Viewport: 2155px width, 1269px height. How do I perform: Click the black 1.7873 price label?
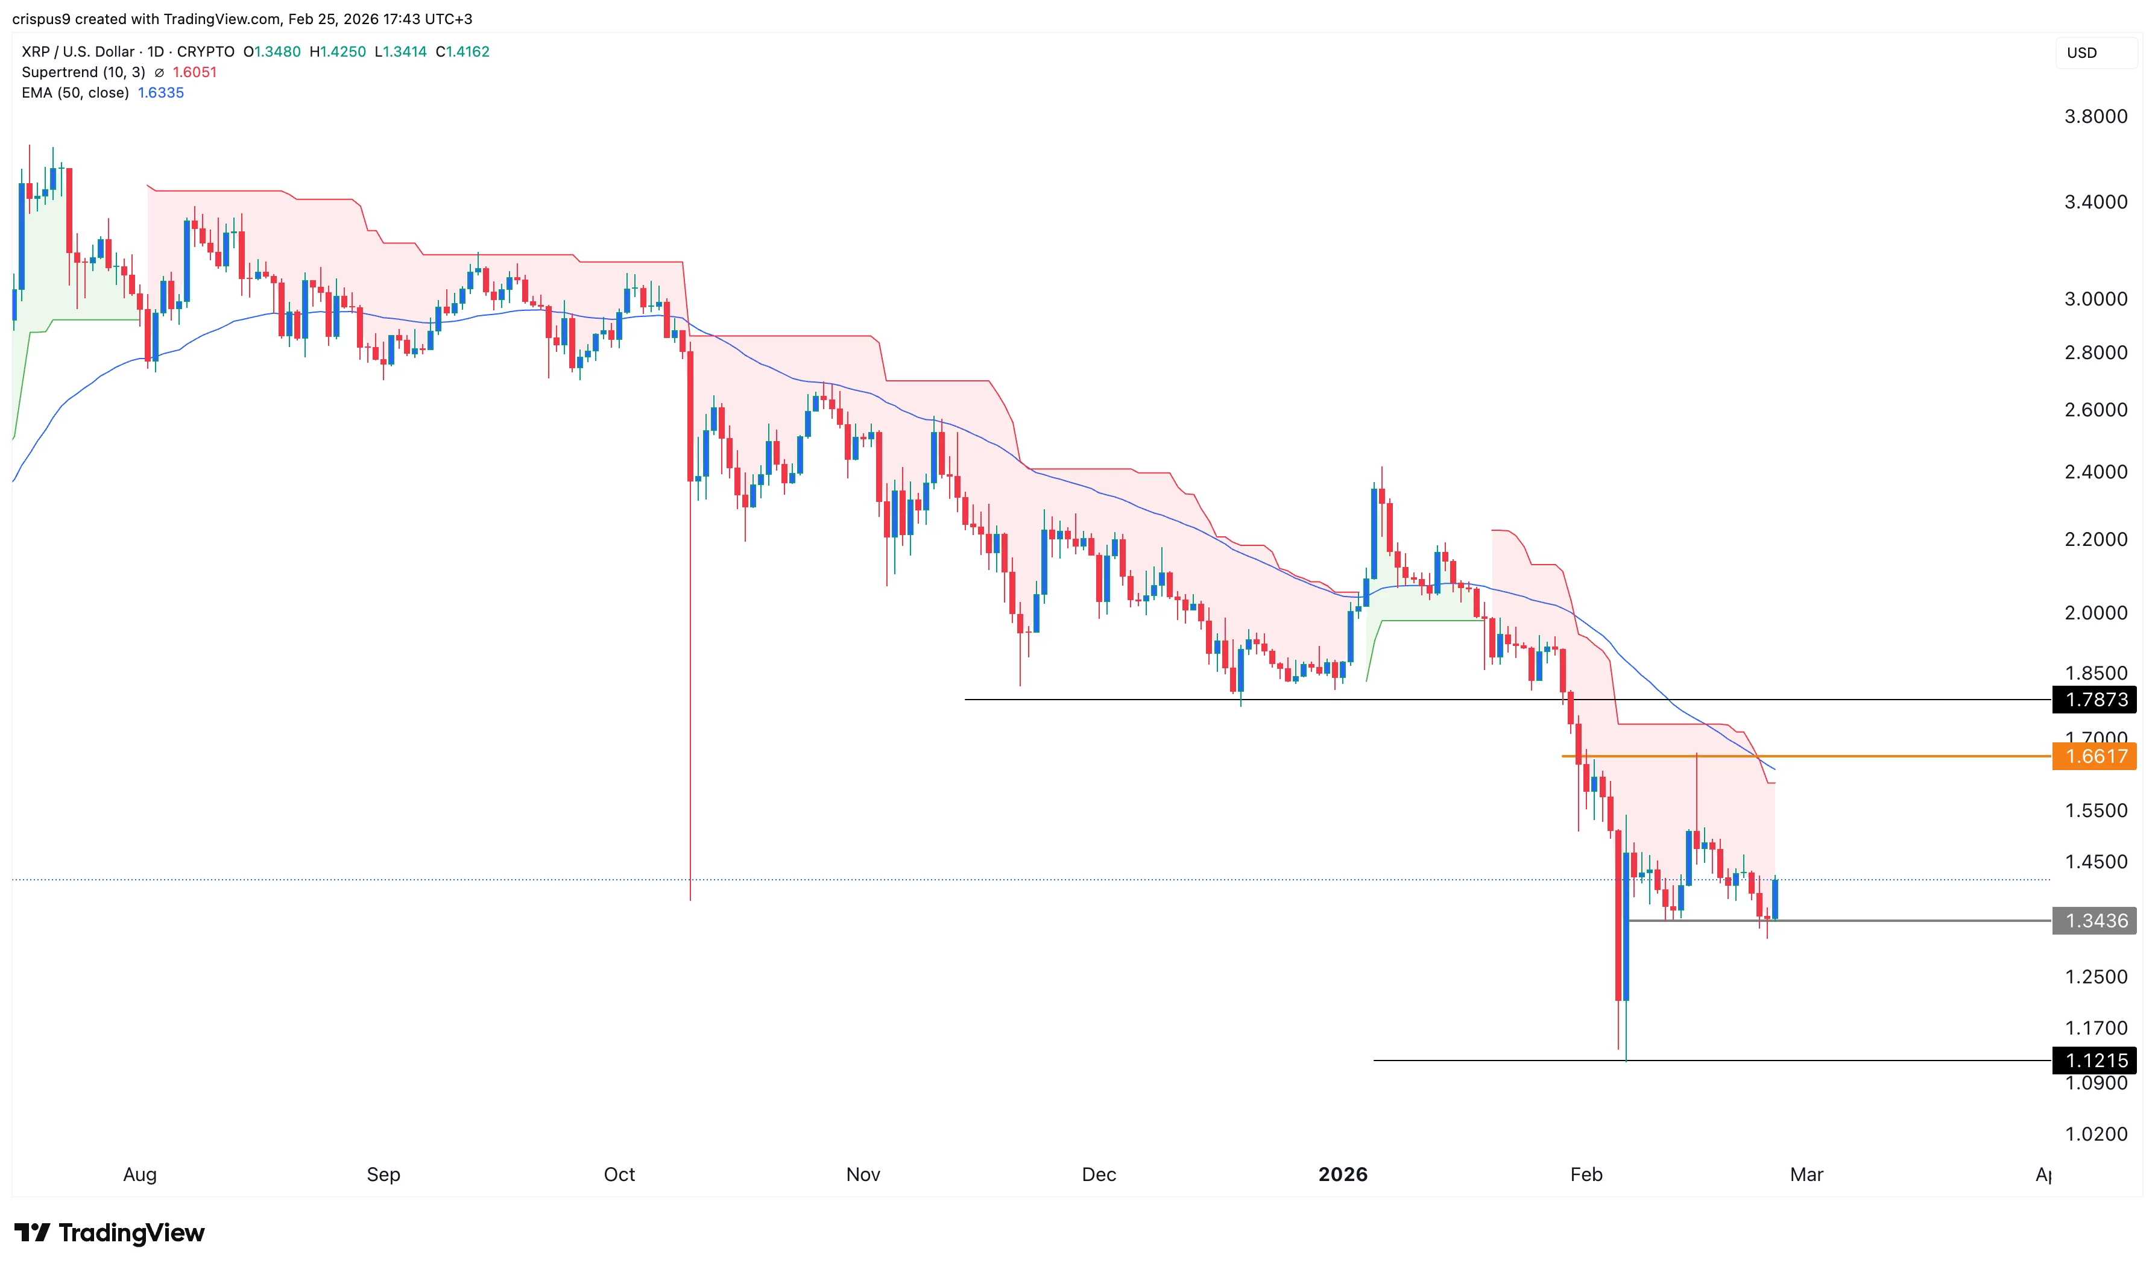pos(2095,700)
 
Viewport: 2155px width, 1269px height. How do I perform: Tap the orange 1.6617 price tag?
pos(2095,756)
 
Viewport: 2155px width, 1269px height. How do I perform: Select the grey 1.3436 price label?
pos(2095,921)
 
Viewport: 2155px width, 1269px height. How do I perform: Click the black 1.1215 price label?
pos(2095,1061)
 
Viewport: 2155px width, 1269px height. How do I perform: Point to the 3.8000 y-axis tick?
pos(2095,116)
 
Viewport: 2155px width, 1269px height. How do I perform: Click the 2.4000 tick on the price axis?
pos(2095,471)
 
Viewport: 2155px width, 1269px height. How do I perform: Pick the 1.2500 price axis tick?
pos(2095,977)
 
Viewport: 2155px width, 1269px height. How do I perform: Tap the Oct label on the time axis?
pos(619,1174)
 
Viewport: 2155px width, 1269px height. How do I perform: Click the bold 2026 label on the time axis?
pos(1342,1174)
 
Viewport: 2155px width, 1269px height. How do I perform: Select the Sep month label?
pos(383,1174)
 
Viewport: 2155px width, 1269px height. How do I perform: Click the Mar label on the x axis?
pos(1806,1174)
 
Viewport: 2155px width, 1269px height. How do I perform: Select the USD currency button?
pos(2081,53)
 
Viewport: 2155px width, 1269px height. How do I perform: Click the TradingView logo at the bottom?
pos(110,1232)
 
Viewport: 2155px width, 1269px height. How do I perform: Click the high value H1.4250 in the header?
pos(337,51)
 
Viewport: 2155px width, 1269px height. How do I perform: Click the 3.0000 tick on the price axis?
pos(2095,298)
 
